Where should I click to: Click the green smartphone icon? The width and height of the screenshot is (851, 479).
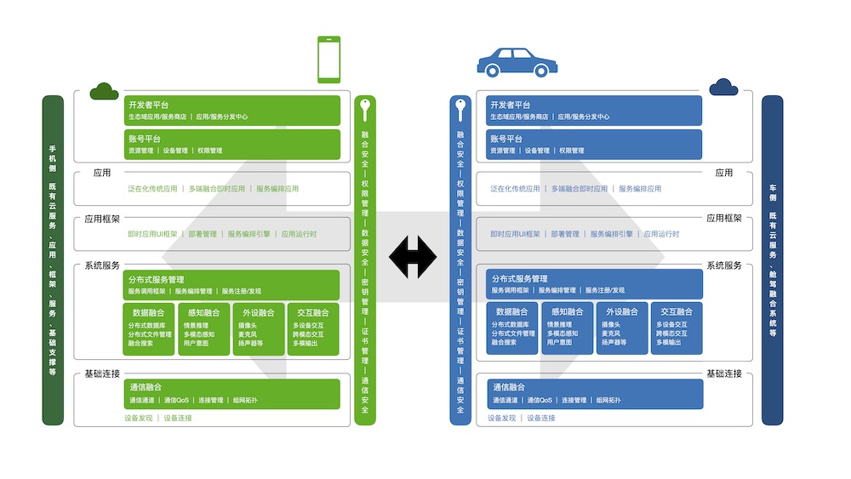(x=329, y=60)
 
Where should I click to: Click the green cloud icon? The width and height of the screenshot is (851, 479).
(x=104, y=90)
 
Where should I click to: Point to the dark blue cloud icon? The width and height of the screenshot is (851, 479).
(x=723, y=87)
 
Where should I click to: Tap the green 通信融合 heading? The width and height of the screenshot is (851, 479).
(x=146, y=387)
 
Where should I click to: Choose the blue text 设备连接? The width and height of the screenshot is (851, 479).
(x=540, y=418)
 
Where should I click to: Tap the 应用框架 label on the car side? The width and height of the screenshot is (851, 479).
(x=723, y=219)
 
